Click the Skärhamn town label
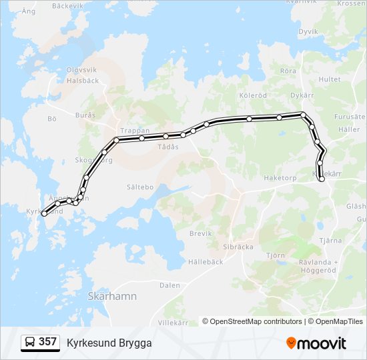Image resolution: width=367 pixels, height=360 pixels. pos(111,296)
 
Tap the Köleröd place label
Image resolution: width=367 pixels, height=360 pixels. pos(252,95)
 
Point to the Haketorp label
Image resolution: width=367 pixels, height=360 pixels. pos(279,178)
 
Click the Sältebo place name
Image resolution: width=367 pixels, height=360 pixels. pos(139,187)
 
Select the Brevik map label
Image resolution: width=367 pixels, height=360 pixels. pos(200,233)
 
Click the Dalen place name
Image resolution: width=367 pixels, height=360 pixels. pos(169,285)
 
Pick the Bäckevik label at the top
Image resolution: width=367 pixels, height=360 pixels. pos(67,5)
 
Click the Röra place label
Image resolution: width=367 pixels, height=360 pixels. pos(288,71)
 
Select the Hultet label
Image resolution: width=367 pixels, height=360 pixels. pos(329,79)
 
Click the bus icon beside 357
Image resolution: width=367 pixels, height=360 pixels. pos(30,343)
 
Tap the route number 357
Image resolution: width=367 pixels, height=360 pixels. pos(47,342)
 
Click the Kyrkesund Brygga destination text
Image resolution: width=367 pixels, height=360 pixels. pos(109,343)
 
